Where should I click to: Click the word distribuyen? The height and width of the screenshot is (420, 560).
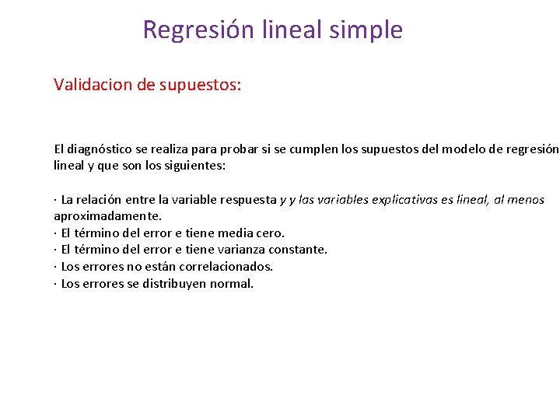click(168, 284)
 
